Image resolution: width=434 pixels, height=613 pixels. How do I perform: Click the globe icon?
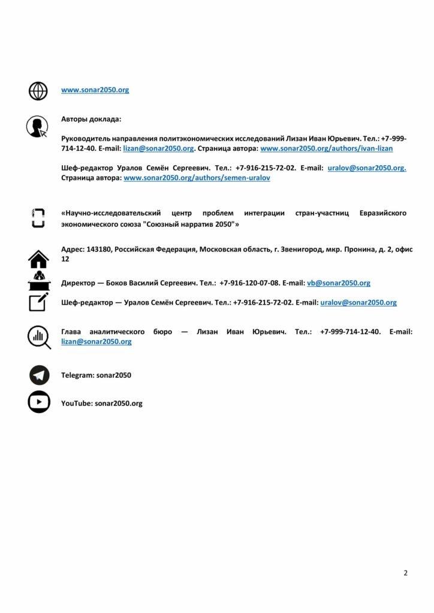coord(38,90)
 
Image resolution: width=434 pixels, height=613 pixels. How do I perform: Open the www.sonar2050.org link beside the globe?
coord(95,90)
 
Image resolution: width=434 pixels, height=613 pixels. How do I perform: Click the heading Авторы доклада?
coord(91,119)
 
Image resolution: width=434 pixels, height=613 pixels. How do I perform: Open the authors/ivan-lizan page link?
coord(327,148)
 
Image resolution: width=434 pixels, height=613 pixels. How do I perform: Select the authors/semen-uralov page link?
coord(197,178)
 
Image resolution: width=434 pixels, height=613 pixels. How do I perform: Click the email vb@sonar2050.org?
coord(338,283)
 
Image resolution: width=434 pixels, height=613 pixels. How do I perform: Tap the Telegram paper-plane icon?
coord(39,375)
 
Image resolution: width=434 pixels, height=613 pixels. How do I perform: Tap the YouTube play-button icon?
coord(39,403)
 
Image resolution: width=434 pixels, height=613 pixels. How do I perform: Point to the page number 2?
coord(406,573)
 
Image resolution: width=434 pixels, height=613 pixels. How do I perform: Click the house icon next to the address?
coord(39,259)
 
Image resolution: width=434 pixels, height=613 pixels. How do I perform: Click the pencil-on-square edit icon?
coord(38,302)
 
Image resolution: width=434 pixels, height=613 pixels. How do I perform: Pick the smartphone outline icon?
coord(38,217)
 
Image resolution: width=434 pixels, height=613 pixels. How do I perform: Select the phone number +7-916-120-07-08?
coord(250,283)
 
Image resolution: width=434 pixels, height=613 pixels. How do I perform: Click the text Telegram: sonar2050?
coord(96,375)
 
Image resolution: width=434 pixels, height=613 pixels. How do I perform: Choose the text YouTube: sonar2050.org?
coord(101,403)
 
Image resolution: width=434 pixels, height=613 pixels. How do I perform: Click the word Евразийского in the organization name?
coord(383,213)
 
